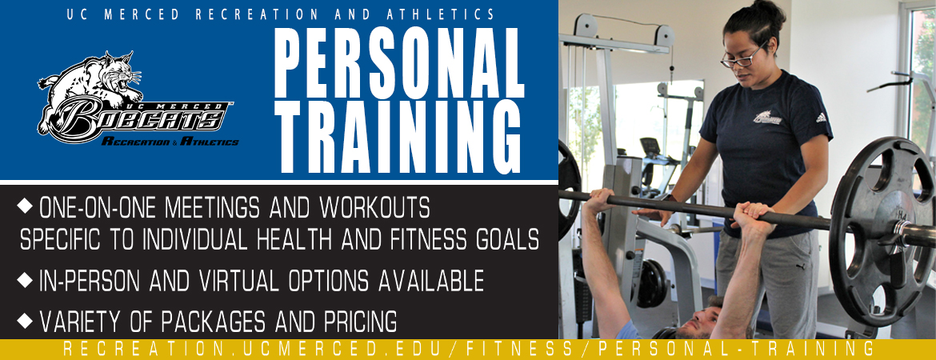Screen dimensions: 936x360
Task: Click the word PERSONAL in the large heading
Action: click(398, 63)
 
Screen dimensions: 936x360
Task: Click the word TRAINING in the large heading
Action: click(398, 137)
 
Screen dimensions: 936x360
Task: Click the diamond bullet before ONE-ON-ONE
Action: click(25, 206)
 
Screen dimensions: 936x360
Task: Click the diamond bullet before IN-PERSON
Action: click(25, 279)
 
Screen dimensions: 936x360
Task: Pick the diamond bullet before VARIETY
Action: click(25, 321)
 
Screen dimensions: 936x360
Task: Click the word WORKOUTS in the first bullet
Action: click(375, 207)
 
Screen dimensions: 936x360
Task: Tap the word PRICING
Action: click(359, 322)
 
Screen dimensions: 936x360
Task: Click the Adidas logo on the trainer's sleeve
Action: click(821, 118)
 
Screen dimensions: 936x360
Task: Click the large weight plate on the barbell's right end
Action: click(881, 232)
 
